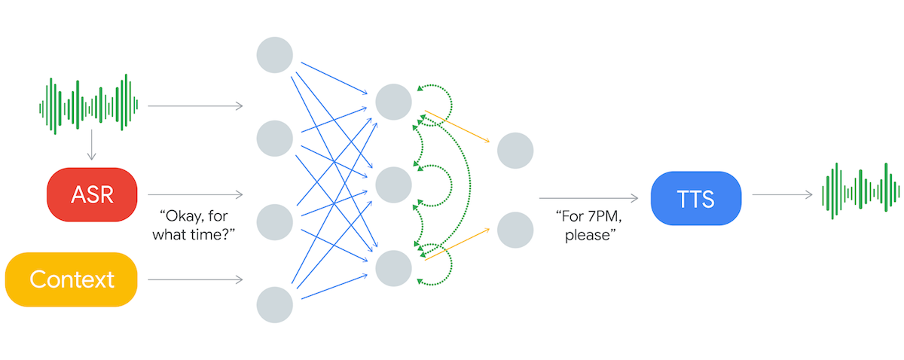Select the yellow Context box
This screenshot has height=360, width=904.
click(x=72, y=279)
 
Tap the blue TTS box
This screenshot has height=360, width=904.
click(x=695, y=198)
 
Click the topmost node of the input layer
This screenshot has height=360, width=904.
click(x=275, y=53)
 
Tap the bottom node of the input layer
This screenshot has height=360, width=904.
click(x=275, y=305)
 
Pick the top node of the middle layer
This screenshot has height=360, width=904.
click(x=394, y=102)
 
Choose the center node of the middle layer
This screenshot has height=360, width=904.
click(x=394, y=185)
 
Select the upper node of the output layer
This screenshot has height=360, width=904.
click(x=515, y=151)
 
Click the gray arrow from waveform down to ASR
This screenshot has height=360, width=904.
click(x=91, y=145)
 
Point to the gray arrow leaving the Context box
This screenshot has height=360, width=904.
click(x=196, y=280)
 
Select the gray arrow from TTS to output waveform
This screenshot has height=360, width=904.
click(x=782, y=195)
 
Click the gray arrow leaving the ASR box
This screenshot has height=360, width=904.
click(x=196, y=195)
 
